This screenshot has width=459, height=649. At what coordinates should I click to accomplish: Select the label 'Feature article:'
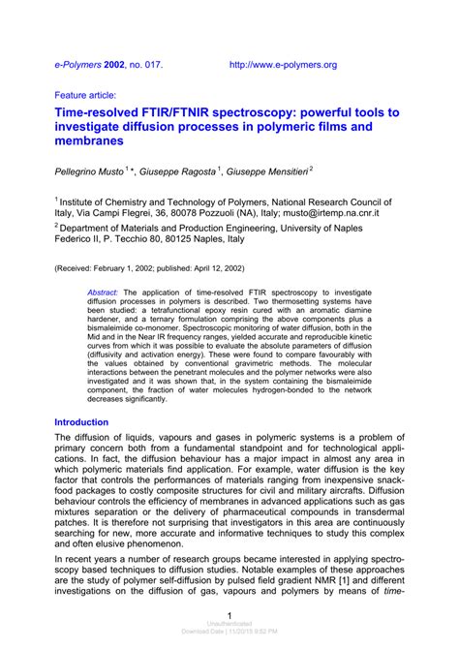pyautogui.click(x=85, y=96)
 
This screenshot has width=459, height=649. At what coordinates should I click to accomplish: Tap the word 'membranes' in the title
pyautogui.click(x=90, y=142)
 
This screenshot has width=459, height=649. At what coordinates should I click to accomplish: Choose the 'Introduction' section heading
pyautogui.click(x=81, y=422)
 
